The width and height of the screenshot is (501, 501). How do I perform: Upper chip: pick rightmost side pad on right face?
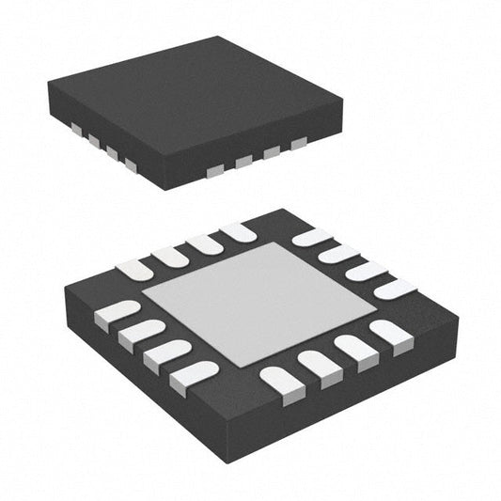coord(299,144)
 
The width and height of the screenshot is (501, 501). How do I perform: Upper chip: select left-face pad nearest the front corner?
coord(130,165)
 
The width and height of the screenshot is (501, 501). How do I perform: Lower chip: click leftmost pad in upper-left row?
coord(134,269)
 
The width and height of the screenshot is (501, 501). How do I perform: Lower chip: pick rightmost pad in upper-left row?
coord(239,230)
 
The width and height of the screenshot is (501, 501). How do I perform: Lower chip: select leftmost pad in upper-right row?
coord(311,237)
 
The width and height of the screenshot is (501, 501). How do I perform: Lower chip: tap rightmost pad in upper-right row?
coord(395,288)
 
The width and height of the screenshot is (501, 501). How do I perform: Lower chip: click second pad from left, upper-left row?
coord(171,255)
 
